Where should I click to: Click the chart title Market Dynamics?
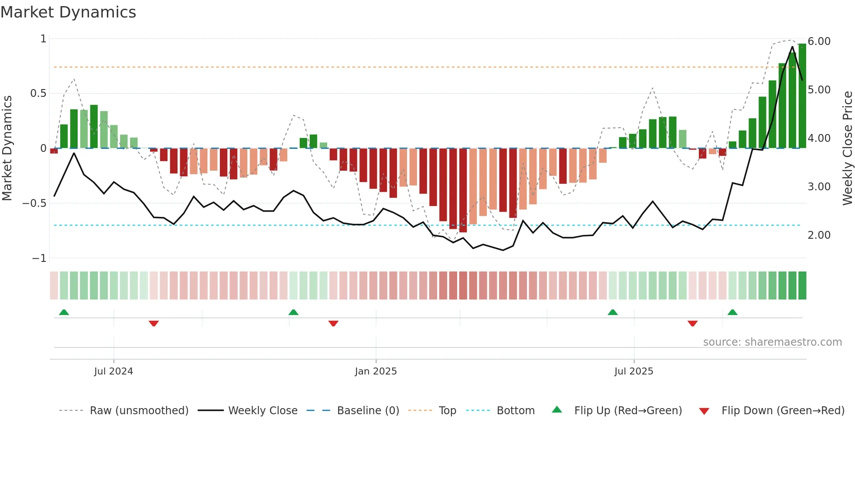68,12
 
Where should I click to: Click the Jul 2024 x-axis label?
113,371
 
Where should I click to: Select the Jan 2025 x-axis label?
376,371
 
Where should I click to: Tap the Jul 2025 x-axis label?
633,371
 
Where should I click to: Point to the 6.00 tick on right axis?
819,41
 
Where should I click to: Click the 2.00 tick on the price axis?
819,235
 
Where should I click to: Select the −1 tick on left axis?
39,258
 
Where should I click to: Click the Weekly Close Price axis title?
847,148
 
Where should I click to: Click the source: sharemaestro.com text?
772,342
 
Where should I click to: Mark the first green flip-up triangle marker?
64,312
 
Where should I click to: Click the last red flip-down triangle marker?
692,323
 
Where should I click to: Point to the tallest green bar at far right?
802,96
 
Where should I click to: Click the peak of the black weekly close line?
793,47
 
